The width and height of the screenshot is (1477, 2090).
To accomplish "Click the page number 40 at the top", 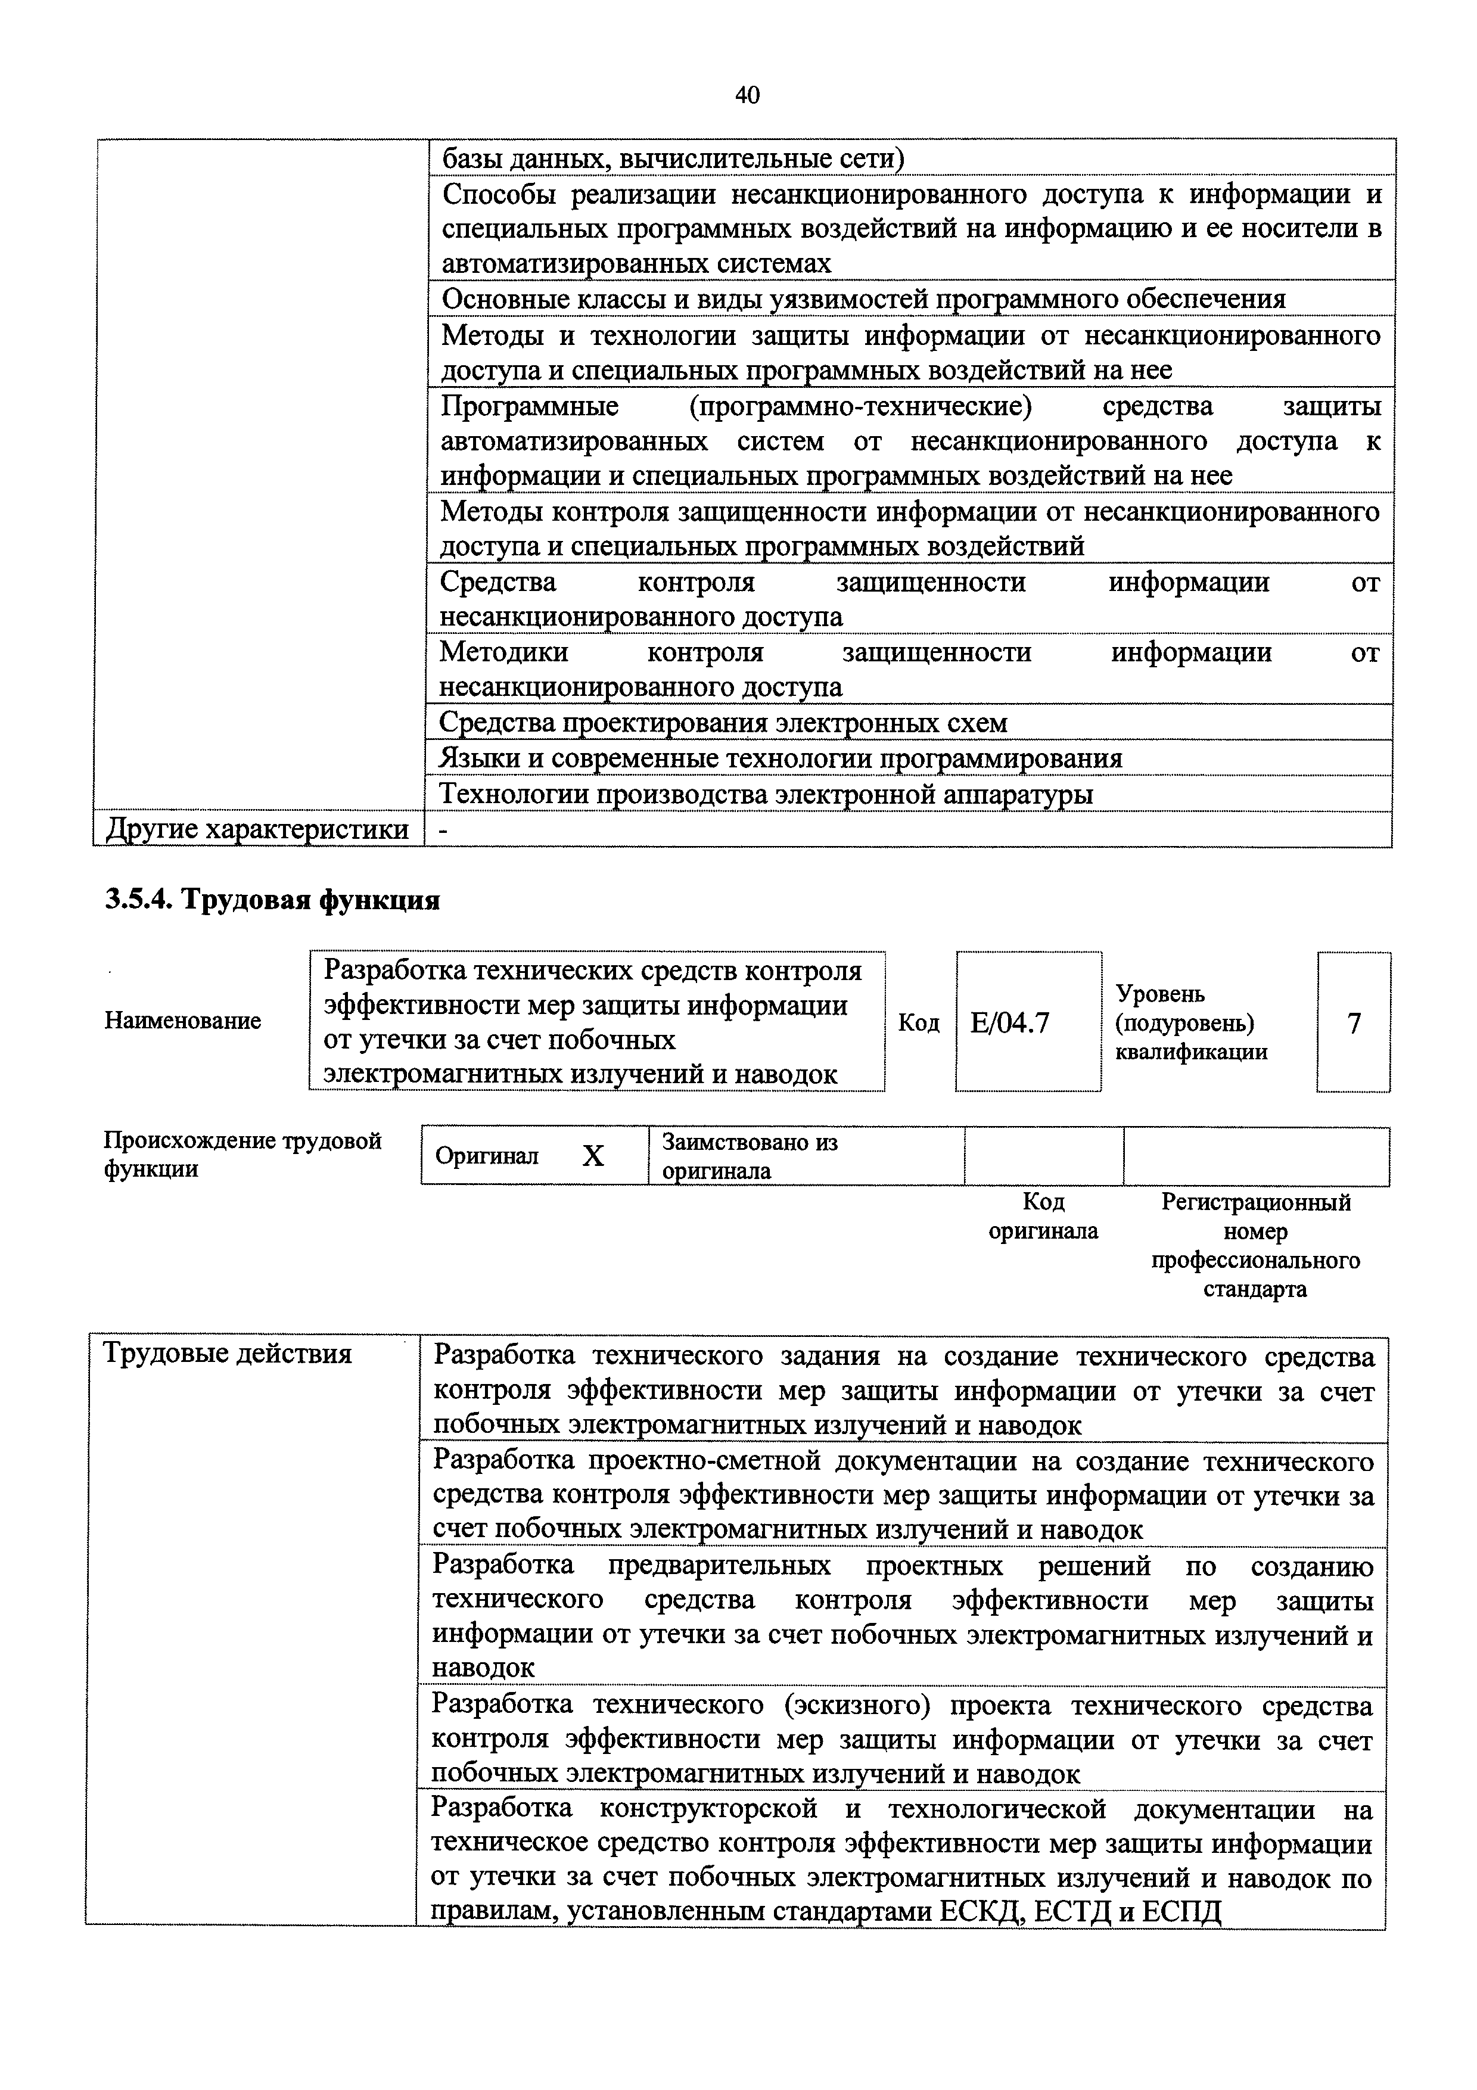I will (x=745, y=95).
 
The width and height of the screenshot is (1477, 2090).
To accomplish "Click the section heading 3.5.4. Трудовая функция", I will (x=272, y=900).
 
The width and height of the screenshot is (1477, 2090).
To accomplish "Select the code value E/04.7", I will (x=1009, y=1023).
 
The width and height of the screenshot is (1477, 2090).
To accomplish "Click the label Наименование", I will (x=183, y=1021).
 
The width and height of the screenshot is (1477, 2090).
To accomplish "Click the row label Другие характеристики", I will (x=257, y=830).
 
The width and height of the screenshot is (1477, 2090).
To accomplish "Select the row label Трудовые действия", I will (x=228, y=1354).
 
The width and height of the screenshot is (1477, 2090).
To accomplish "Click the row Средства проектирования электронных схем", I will (x=723, y=723).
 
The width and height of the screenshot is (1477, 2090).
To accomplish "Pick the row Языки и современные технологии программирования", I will (x=781, y=758).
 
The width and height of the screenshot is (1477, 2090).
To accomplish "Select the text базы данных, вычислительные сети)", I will (x=673, y=159).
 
